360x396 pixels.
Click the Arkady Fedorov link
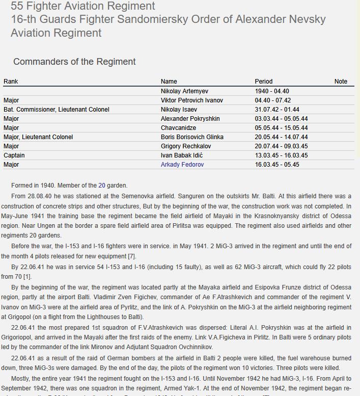coord(182,165)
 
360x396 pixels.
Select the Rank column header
coord(11,82)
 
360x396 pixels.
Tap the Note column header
coord(341,82)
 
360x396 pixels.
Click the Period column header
coord(263,82)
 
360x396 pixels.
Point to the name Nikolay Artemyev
coord(184,91)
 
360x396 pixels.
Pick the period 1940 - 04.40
coord(272,91)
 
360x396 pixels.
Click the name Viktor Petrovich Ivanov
coord(191,100)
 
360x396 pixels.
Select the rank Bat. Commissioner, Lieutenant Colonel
coord(56,110)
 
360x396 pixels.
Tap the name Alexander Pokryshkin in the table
coord(190,119)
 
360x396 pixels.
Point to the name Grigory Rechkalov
coord(186,146)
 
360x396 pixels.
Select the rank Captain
coord(14,155)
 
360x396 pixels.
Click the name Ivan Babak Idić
coord(182,155)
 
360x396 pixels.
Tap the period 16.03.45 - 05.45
coord(277,165)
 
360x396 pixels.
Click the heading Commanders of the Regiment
coord(74,62)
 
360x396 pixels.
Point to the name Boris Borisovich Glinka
coord(192,137)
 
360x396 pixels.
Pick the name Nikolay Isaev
coord(179,110)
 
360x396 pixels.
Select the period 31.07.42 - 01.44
coord(277,110)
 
